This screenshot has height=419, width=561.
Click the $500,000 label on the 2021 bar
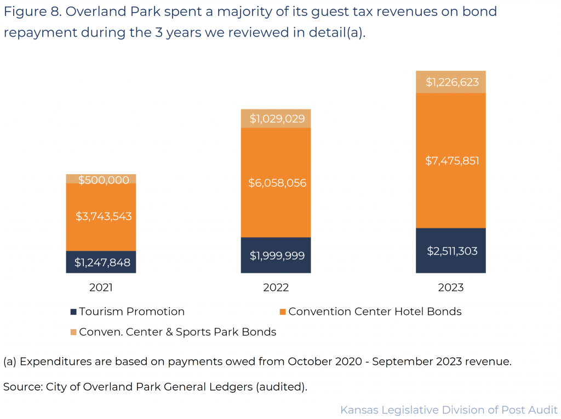101,180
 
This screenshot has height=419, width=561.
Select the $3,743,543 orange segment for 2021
101,216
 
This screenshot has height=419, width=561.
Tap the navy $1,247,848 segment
101,262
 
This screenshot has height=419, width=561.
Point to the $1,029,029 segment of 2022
276,118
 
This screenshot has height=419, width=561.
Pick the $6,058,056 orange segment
276,182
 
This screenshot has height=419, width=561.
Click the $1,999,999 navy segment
276,255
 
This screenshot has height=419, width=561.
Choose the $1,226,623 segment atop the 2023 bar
451,82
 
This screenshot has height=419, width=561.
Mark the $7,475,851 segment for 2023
451,160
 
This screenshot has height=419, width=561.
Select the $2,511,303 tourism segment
451,251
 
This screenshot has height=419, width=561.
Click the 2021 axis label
101,287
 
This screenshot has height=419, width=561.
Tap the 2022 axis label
276,287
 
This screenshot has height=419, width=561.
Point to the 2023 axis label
451,287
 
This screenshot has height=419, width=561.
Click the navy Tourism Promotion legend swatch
73,312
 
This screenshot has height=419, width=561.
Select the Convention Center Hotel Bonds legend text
375,312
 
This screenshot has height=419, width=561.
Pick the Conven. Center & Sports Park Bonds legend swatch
73,332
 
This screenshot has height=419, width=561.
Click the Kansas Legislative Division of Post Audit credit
449,410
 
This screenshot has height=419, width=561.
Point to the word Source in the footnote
21,387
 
